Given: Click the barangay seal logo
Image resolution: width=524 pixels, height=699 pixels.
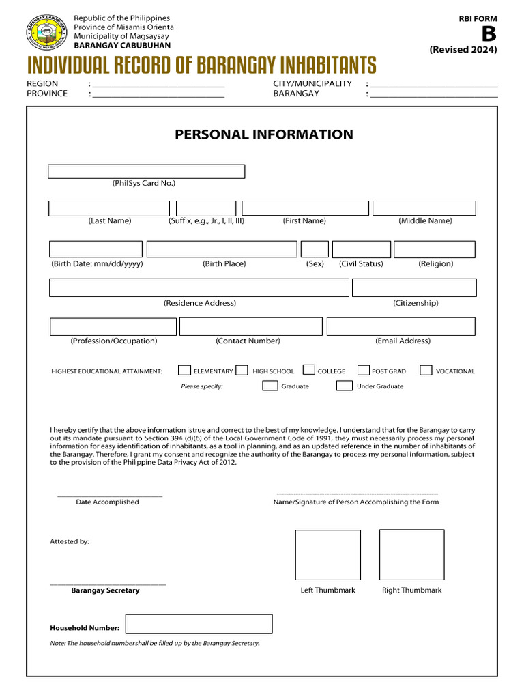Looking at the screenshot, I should tap(46, 31).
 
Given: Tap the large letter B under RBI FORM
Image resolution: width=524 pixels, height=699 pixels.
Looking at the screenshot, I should tap(489, 34).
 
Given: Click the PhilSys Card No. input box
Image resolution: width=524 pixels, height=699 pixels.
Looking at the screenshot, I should tap(146, 171).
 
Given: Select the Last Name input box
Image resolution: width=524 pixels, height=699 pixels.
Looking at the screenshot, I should tap(109, 208).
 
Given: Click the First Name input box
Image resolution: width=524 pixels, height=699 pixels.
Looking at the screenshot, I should tap(305, 208).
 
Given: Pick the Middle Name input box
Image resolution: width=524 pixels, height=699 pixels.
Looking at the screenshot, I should tap(424, 208).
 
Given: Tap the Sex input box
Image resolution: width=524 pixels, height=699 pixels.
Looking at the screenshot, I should tap(315, 249).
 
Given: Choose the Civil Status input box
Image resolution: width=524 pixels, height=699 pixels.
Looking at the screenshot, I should tap(361, 249).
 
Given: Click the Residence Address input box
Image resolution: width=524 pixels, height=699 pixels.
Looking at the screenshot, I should tap(199, 288).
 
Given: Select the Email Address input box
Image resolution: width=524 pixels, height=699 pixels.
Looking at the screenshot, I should tap(401, 327).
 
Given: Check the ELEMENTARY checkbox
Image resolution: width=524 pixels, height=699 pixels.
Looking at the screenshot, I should tap(184, 371).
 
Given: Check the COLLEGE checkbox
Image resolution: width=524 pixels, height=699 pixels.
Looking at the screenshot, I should tap(308, 371).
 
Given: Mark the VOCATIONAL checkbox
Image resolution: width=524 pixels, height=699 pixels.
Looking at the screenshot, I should tap(426, 371).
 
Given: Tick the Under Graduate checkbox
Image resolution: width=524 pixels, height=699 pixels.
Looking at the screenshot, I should tap(344, 386).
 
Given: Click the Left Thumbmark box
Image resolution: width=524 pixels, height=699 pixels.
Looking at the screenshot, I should tap(327, 555).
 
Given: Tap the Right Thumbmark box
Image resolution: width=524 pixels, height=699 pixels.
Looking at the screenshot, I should tap(411, 555).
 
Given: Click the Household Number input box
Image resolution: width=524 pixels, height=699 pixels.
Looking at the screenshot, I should tap(199, 624).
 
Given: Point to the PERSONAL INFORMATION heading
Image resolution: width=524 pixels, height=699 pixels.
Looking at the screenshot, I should tap(264, 134).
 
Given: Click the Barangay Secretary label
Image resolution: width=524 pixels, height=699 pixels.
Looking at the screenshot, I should tap(105, 590).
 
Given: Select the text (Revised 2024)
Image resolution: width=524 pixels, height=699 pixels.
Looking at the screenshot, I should tap(463, 50).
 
